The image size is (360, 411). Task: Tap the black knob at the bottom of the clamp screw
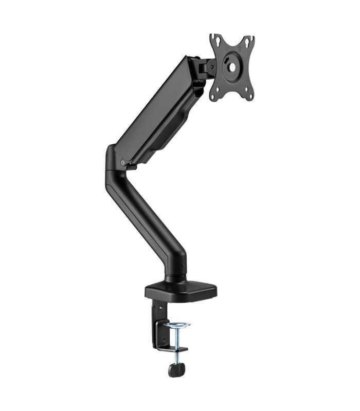click(x=176, y=368)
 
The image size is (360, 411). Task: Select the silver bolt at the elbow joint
click(x=122, y=163)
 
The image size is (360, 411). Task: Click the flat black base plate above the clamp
click(x=180, y=291)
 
